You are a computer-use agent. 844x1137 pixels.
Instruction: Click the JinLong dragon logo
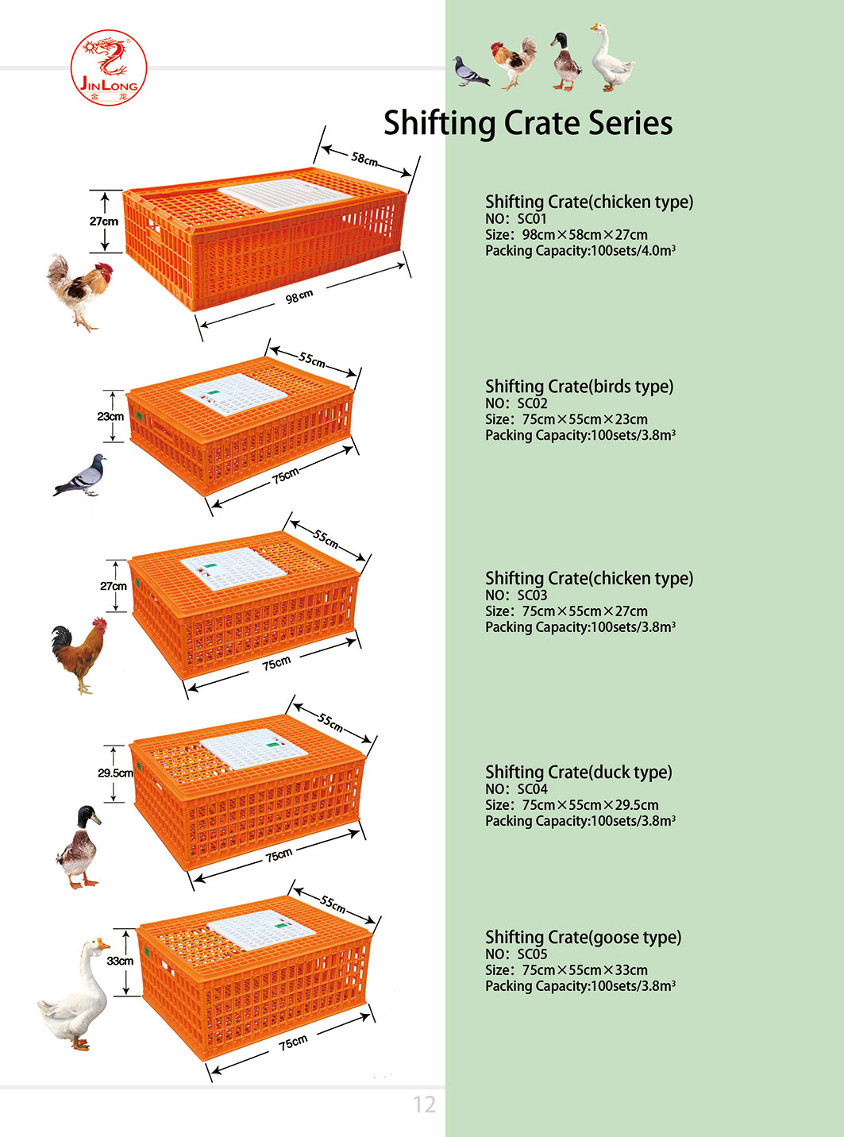click(109, 67)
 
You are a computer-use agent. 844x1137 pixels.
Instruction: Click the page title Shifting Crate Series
click(528, 123)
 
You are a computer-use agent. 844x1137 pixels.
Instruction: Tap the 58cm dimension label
click(364, 159)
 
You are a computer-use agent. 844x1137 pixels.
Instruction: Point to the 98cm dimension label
click(299, 297)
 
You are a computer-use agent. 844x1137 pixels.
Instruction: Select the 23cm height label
click(110, 416)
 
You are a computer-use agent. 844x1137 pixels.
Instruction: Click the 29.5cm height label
click(115, 773)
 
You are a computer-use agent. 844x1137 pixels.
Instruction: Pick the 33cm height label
click(120, 961)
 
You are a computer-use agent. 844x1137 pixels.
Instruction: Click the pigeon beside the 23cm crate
click(80, 476)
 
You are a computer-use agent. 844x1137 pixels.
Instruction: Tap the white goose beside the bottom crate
click(76, 996)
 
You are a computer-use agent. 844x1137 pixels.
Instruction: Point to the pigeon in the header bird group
click(471, 71)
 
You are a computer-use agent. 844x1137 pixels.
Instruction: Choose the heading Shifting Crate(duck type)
click(578, 772)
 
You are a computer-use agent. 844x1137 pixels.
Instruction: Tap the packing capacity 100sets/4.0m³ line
click(580, 251)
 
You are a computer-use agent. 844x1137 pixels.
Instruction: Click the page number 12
click(424, 1104)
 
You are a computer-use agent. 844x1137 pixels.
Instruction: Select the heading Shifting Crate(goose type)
click(583, 937)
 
